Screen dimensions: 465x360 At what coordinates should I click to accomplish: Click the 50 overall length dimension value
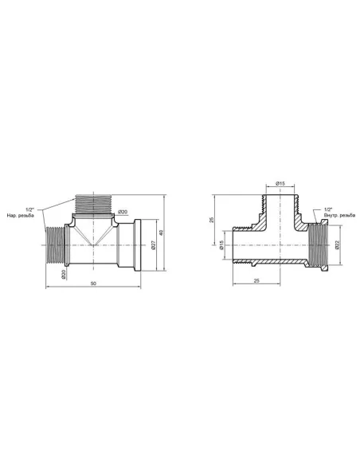click(x=95, y=283)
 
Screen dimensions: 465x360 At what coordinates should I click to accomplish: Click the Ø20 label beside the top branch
click(x=123, y=210)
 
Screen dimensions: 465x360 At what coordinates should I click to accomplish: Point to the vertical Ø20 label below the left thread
click(x=64, y=272)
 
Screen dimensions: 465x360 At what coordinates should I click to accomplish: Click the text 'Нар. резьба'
click(x=22, y=216)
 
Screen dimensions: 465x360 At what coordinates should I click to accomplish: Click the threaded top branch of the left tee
click(x=94, y=203)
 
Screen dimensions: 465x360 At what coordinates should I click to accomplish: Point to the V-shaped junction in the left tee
click(x=94, y=238)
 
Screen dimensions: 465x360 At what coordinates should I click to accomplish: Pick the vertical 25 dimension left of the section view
click(x=212, y=220)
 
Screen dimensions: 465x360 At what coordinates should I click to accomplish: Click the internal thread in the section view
click(x=319, y=245)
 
